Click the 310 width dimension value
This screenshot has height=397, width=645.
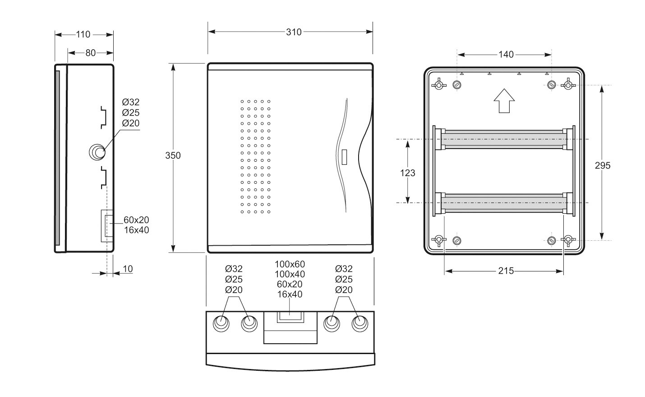294,32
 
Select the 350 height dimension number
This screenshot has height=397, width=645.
173,155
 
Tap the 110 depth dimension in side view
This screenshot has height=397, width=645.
83,34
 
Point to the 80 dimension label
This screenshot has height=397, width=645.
90,53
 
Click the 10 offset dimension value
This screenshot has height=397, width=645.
128,269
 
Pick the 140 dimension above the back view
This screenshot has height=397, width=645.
506,54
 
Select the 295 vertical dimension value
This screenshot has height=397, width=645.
603,165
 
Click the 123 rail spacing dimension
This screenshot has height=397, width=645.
407,173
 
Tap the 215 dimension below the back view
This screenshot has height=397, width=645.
506,271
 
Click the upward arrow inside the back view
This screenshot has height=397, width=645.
504,101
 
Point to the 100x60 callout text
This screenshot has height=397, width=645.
290,264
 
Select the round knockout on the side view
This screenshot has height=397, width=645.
97,152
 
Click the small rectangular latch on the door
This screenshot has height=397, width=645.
344,157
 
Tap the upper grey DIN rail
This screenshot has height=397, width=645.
504,139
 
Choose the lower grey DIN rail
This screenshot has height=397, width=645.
504,203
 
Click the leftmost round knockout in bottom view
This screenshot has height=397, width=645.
221,323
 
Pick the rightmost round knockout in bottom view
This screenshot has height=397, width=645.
359,323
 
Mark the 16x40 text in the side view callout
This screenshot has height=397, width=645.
137,230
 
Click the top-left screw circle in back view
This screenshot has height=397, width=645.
457,85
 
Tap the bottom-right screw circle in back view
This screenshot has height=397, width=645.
552,240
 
